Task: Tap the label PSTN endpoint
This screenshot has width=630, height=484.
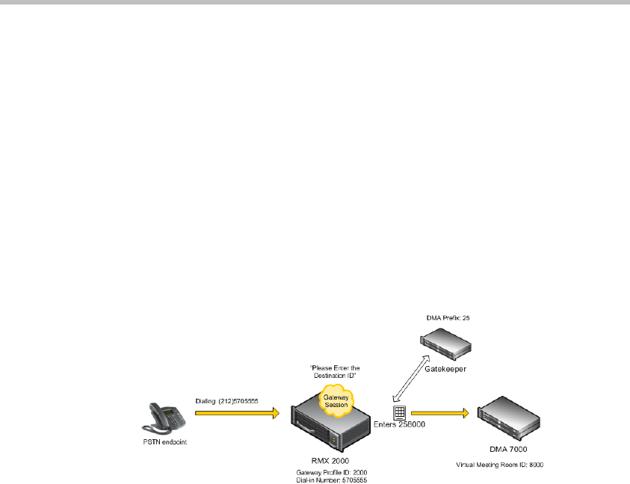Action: [x=161, y=441]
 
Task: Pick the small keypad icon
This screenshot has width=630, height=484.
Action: [x=400, y=412]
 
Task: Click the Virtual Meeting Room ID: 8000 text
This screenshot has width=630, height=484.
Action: [x=500, y=464]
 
